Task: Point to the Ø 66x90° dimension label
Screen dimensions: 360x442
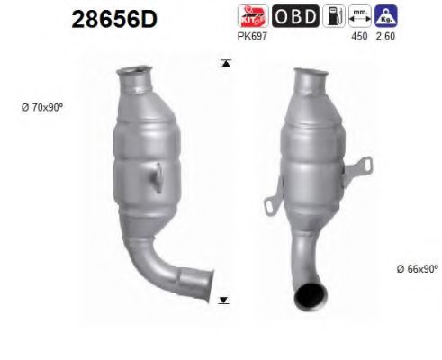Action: coord(416,269)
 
